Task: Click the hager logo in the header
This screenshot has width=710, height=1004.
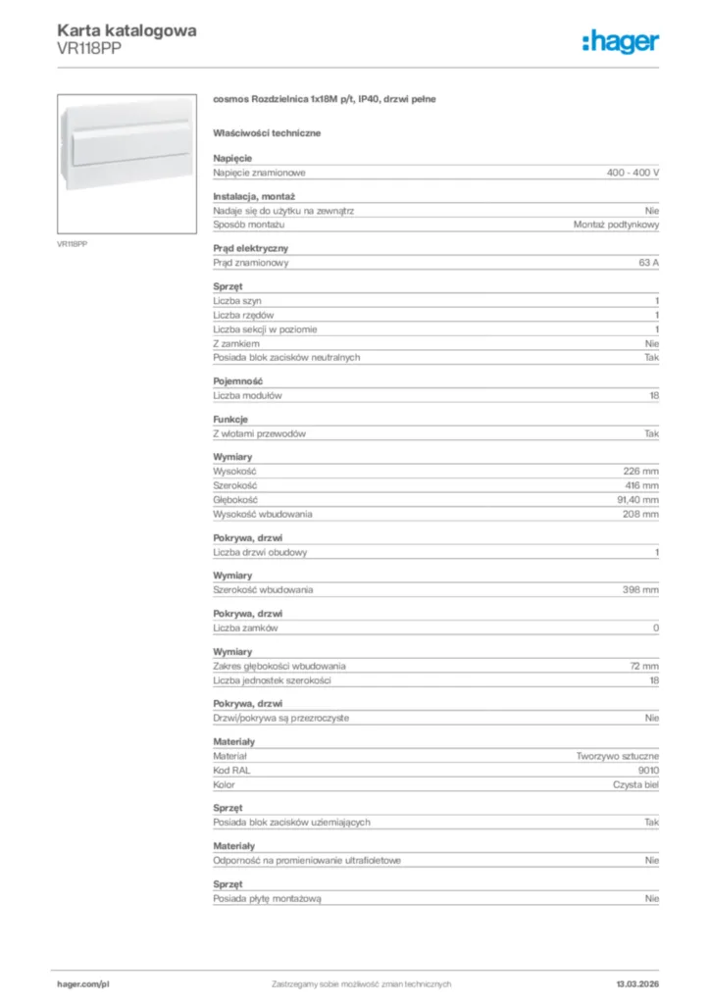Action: (x=620, y=40)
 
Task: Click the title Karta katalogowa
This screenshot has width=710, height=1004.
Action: (x=127, y=30)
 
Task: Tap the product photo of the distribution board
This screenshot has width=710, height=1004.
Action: (x=127, y=163)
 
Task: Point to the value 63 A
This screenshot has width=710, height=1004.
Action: (x=648, y=263)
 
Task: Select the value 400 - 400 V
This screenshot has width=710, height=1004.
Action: (x=633, y=173)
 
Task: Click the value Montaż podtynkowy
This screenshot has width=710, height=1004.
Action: (x=616, y=225)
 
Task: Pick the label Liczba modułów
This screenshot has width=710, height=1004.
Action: (x=248, y=395)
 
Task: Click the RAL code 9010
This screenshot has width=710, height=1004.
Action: (x=648, y=771)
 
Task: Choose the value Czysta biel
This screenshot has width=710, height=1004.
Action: (x=636, y=784)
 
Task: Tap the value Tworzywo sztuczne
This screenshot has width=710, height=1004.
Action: (x=618, y=757)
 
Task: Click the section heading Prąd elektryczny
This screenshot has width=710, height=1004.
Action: (x=251, y=249)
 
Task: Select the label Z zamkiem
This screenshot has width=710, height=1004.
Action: (x=236, y=343)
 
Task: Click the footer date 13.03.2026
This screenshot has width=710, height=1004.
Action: (x=637, y=983)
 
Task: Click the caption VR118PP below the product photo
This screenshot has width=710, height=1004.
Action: (x=72, y=243)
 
